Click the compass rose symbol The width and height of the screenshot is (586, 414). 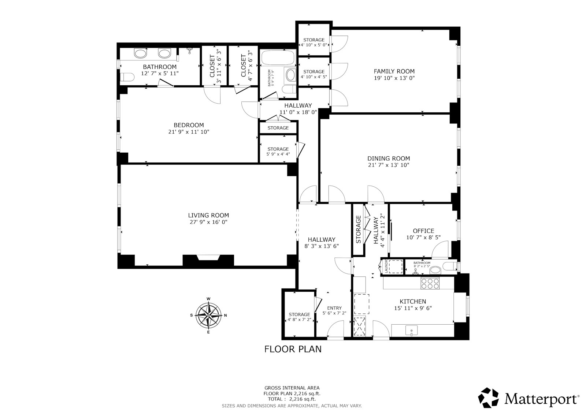point(208,316)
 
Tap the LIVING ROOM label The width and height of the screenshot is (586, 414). point(208,215)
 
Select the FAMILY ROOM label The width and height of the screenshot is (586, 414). point(394,71)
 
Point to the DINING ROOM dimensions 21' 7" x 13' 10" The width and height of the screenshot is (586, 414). point(389,165)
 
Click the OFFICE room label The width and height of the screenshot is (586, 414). point(423,231)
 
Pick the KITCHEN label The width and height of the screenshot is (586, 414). point(413,302)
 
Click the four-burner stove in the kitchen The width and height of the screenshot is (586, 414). point(430,284)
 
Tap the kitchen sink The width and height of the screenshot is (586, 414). point(412,331)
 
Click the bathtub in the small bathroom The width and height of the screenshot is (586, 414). point(278,58)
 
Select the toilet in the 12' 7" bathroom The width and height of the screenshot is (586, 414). point(127,77)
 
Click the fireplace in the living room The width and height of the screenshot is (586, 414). point(208,258)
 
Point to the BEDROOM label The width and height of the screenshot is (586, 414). point(189,125)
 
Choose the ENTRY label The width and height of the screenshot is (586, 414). point(334,308)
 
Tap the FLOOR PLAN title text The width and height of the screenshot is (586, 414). point(293,349)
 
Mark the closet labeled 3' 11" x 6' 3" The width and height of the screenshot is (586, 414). point(215,66)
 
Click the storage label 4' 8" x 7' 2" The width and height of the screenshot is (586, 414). point(299,319)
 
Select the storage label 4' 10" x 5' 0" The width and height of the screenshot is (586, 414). point(314,45)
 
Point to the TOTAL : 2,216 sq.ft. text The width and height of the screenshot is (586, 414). point(292,399)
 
